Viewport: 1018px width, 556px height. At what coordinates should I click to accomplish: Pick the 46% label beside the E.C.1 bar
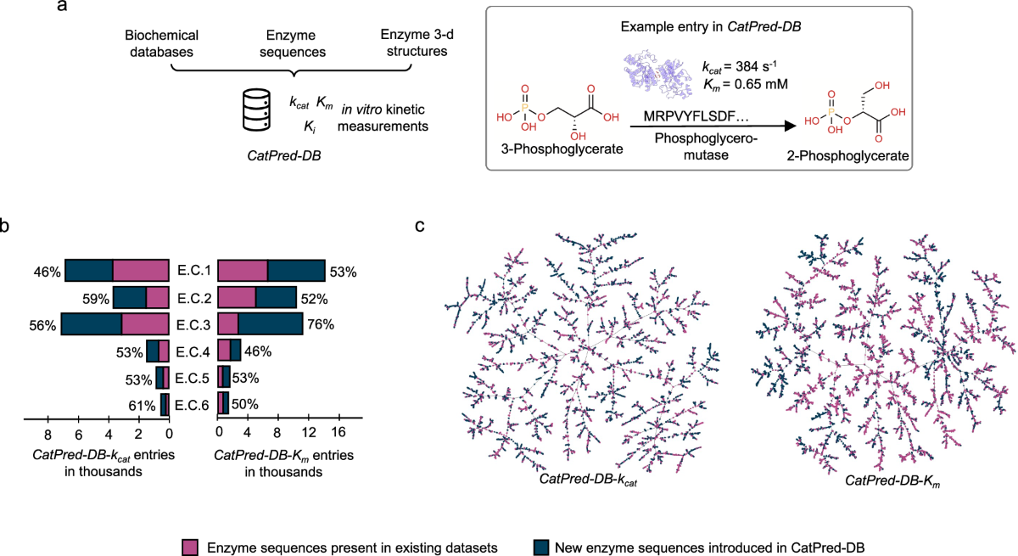(48, 272)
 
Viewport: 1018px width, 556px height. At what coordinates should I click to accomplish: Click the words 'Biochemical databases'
(161, 43)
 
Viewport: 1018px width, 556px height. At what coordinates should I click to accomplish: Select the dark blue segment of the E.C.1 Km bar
(296, 271)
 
